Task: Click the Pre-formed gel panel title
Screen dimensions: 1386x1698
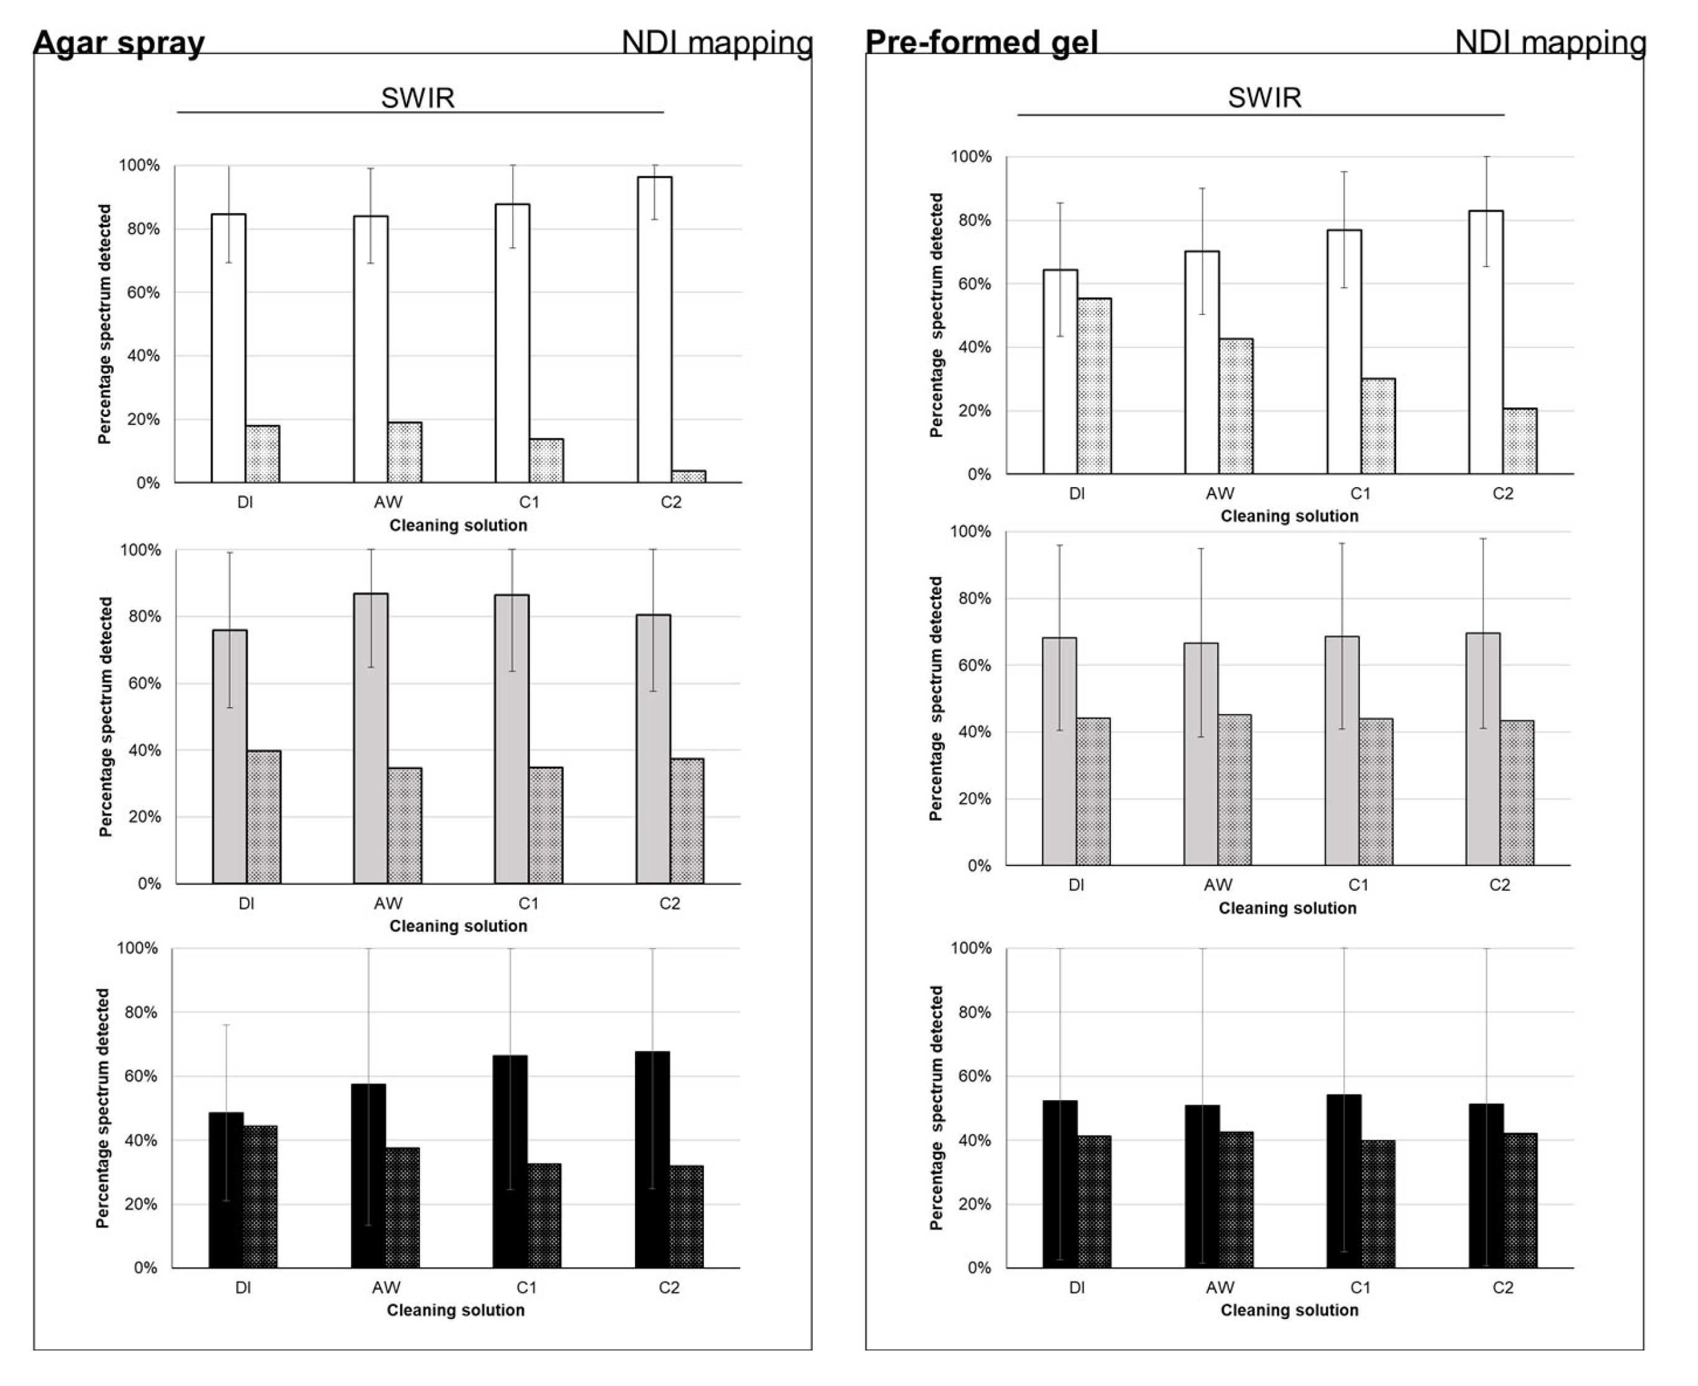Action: point(981,42)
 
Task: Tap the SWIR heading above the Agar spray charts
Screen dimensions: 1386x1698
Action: point(418,98)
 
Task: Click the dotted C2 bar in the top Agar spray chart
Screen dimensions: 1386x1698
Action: point(688,476)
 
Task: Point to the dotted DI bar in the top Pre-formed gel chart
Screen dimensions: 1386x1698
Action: point(1093,386)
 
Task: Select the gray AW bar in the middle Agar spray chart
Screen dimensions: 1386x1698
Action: point(370,739)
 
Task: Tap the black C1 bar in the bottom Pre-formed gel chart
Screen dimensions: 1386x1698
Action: point(1344,1181)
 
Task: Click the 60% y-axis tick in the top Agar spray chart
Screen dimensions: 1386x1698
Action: point(143,292)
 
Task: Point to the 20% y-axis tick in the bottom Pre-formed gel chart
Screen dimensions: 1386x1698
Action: point(974,1204)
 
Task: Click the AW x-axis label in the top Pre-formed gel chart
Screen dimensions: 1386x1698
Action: point(1220,493)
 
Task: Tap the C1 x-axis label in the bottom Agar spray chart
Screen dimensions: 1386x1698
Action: point(526,1287)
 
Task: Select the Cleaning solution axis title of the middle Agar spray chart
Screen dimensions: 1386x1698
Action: point(459,926)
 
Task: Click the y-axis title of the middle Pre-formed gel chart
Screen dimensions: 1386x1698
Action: point(936,698)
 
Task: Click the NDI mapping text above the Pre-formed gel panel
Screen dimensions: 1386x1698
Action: point(1550,42)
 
